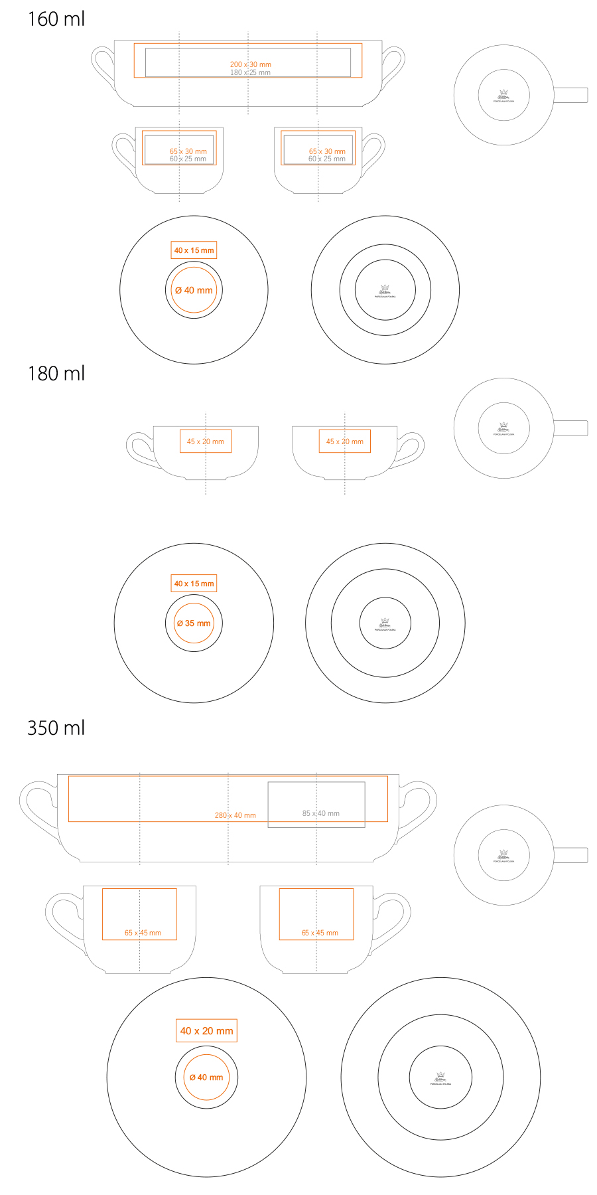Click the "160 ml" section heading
(56, 19)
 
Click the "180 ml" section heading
(56, 374)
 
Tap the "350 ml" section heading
(56, 728)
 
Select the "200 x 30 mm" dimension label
(250, 64)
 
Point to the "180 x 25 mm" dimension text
(250, 72)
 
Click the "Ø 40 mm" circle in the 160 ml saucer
(194, 290)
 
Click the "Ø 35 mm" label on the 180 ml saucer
(194, 623)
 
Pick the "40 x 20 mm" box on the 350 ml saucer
(206, 1031)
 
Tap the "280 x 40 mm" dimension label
(235, 815)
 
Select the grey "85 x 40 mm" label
(320, 813)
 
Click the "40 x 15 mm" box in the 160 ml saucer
(194, 250)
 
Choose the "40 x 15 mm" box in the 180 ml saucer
(194, 584)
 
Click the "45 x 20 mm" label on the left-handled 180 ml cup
(205, 441)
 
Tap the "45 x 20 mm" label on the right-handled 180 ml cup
(344, 441)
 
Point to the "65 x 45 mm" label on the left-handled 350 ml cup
(143, 933)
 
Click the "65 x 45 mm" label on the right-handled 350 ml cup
(320, 933)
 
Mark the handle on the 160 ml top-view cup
(571, 95)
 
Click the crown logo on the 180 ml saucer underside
(385, 622)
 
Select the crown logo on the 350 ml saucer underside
(440, 1076)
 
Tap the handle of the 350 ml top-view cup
(571, 855)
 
